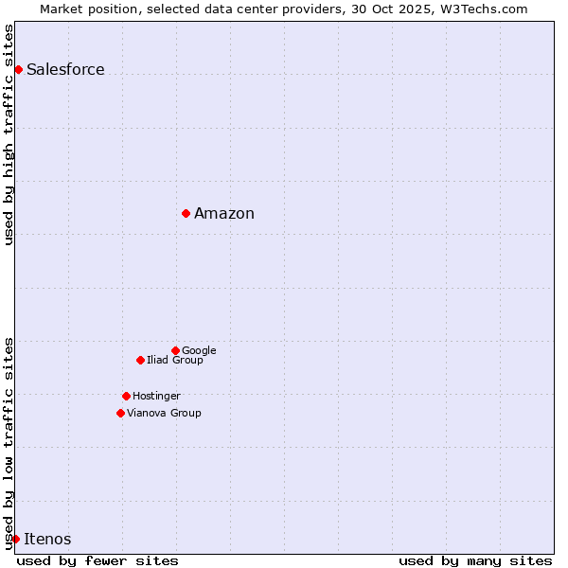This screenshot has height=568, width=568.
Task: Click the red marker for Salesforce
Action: (18, 69)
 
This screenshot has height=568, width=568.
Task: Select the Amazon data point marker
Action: (186, 213)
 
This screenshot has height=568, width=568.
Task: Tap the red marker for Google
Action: (175, 350)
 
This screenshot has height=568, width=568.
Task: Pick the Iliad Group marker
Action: (140, 360)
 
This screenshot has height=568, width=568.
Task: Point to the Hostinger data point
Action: (126, 396)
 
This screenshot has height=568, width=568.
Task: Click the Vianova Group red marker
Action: (120, 413)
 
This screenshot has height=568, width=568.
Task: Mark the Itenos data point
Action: (15, 539)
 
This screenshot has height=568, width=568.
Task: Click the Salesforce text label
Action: (65, 69)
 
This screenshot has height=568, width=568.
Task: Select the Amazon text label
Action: (224, 213)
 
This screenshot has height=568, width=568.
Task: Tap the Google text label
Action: (199, 350)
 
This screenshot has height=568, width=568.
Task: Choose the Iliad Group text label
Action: (175, 360)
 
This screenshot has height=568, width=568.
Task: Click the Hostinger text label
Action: (156, 396)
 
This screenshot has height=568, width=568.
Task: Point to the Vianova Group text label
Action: (164, 413)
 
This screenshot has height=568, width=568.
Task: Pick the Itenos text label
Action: (47, 539)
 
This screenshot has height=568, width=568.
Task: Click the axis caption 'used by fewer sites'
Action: (98, 560)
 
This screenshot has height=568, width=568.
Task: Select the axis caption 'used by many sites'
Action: (475, 560)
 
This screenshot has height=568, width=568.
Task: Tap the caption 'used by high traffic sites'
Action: (9, 134)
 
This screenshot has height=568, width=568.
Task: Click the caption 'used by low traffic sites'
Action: (9, 442)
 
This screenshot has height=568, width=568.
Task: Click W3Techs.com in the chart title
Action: (481, 9)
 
